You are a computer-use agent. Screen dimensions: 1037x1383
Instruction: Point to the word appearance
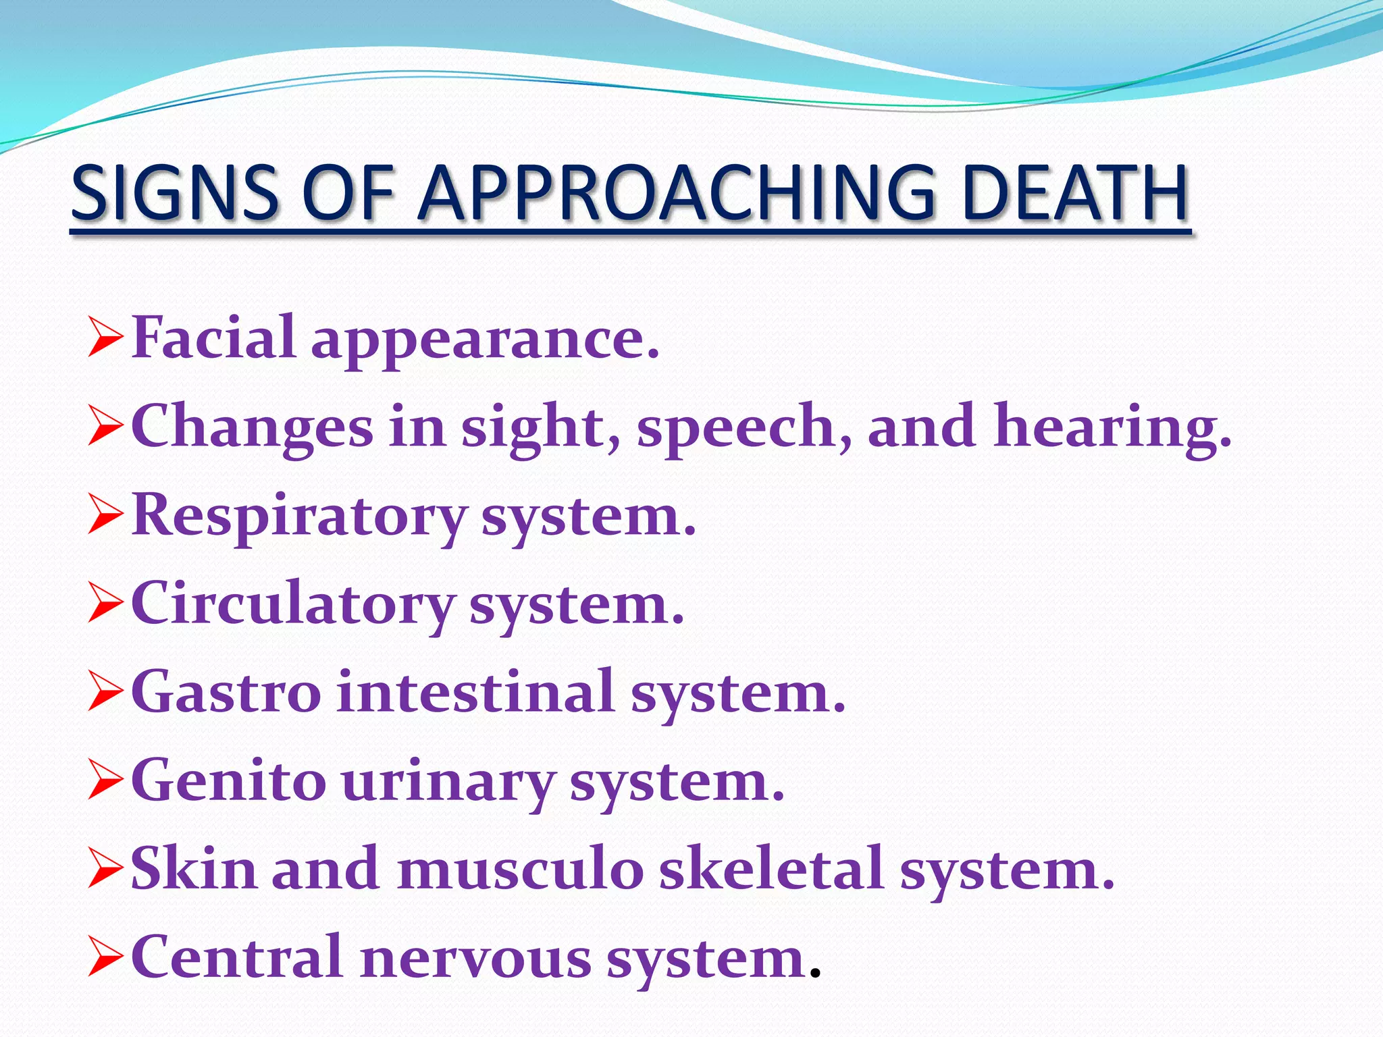click(484, 341)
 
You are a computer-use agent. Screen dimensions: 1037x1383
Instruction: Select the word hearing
click(1112, 427)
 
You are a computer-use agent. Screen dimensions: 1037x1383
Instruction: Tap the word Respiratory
click(298, 517)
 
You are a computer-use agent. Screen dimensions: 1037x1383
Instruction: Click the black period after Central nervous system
click(815, 974)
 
